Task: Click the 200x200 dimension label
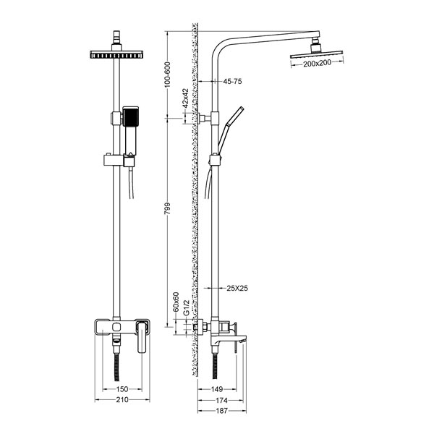coord(317,64)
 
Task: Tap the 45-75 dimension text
coord(232,81)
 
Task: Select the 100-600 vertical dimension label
coord(168,75)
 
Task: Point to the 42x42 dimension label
coord(185,98)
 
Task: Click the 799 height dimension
coord(168,208)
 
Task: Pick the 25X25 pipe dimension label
coord(237,288)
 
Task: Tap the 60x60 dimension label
coord(176,302)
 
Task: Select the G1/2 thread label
coord(187,307)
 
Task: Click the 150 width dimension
coord(122,389)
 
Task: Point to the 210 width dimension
coord(122,400)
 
